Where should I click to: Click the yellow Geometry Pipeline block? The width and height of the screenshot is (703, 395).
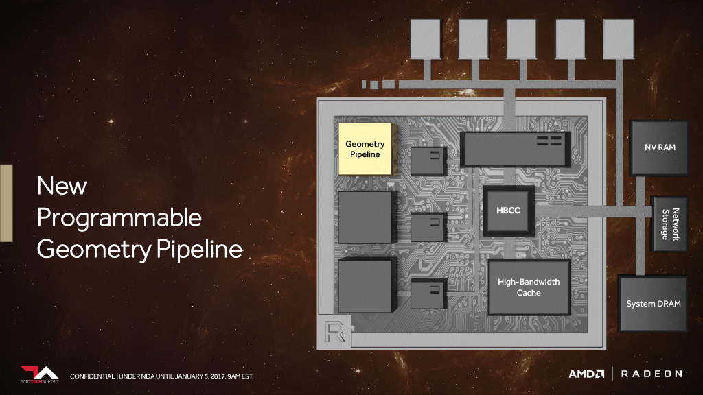[x=365, y=149]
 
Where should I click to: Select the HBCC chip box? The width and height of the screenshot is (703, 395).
[x=508, y=210]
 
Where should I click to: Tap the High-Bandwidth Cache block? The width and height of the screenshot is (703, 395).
[x=528, y=287]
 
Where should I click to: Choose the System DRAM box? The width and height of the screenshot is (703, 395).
[x=653, y=303]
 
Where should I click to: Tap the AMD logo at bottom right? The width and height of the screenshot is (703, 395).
[x=586, y=374]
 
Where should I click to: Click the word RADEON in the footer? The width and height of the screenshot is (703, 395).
[x=652, y=374]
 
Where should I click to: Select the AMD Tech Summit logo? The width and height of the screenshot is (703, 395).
[x=39, y=374]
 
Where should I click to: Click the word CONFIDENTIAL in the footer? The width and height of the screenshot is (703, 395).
[x=93, y=376]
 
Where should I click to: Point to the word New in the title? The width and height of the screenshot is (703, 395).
[x=62, y=185]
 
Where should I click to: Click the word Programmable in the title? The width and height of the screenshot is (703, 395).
[x=119, y=218]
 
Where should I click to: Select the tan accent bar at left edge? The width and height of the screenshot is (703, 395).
[x=5, y=202]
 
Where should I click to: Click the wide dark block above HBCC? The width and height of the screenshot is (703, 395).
[x=514, y=147]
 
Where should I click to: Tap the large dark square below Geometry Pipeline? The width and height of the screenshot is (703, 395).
[x=367, y=217]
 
